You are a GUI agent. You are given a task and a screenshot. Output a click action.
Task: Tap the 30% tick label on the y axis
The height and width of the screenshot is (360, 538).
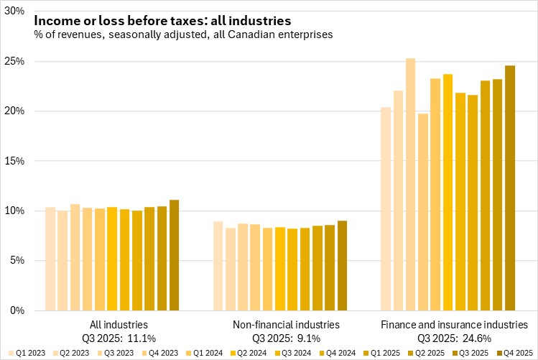tap(14, 12)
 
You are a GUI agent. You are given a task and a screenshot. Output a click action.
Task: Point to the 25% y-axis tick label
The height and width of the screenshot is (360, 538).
tap(14, 62)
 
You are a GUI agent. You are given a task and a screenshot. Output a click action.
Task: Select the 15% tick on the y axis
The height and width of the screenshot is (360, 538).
tap(14, 161)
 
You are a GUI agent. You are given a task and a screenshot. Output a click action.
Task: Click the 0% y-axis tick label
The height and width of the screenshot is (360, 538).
tap(17, 310)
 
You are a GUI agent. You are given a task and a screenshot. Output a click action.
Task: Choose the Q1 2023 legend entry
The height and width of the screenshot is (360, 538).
tap(27, 352)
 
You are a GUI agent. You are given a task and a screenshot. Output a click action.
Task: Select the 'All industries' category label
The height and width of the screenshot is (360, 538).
tap(119, 325)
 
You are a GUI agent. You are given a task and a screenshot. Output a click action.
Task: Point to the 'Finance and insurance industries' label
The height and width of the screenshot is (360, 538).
tap(453, 325)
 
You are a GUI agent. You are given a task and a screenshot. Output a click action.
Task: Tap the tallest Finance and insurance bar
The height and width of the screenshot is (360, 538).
tap(411, 187)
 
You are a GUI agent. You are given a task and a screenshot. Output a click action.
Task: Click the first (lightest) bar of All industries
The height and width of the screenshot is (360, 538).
tap(50, 259)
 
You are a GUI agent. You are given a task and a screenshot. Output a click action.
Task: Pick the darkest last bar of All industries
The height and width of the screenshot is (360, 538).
tap(175, 255)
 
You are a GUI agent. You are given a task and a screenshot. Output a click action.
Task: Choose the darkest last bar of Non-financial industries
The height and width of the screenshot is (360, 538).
tap(343, 266)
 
